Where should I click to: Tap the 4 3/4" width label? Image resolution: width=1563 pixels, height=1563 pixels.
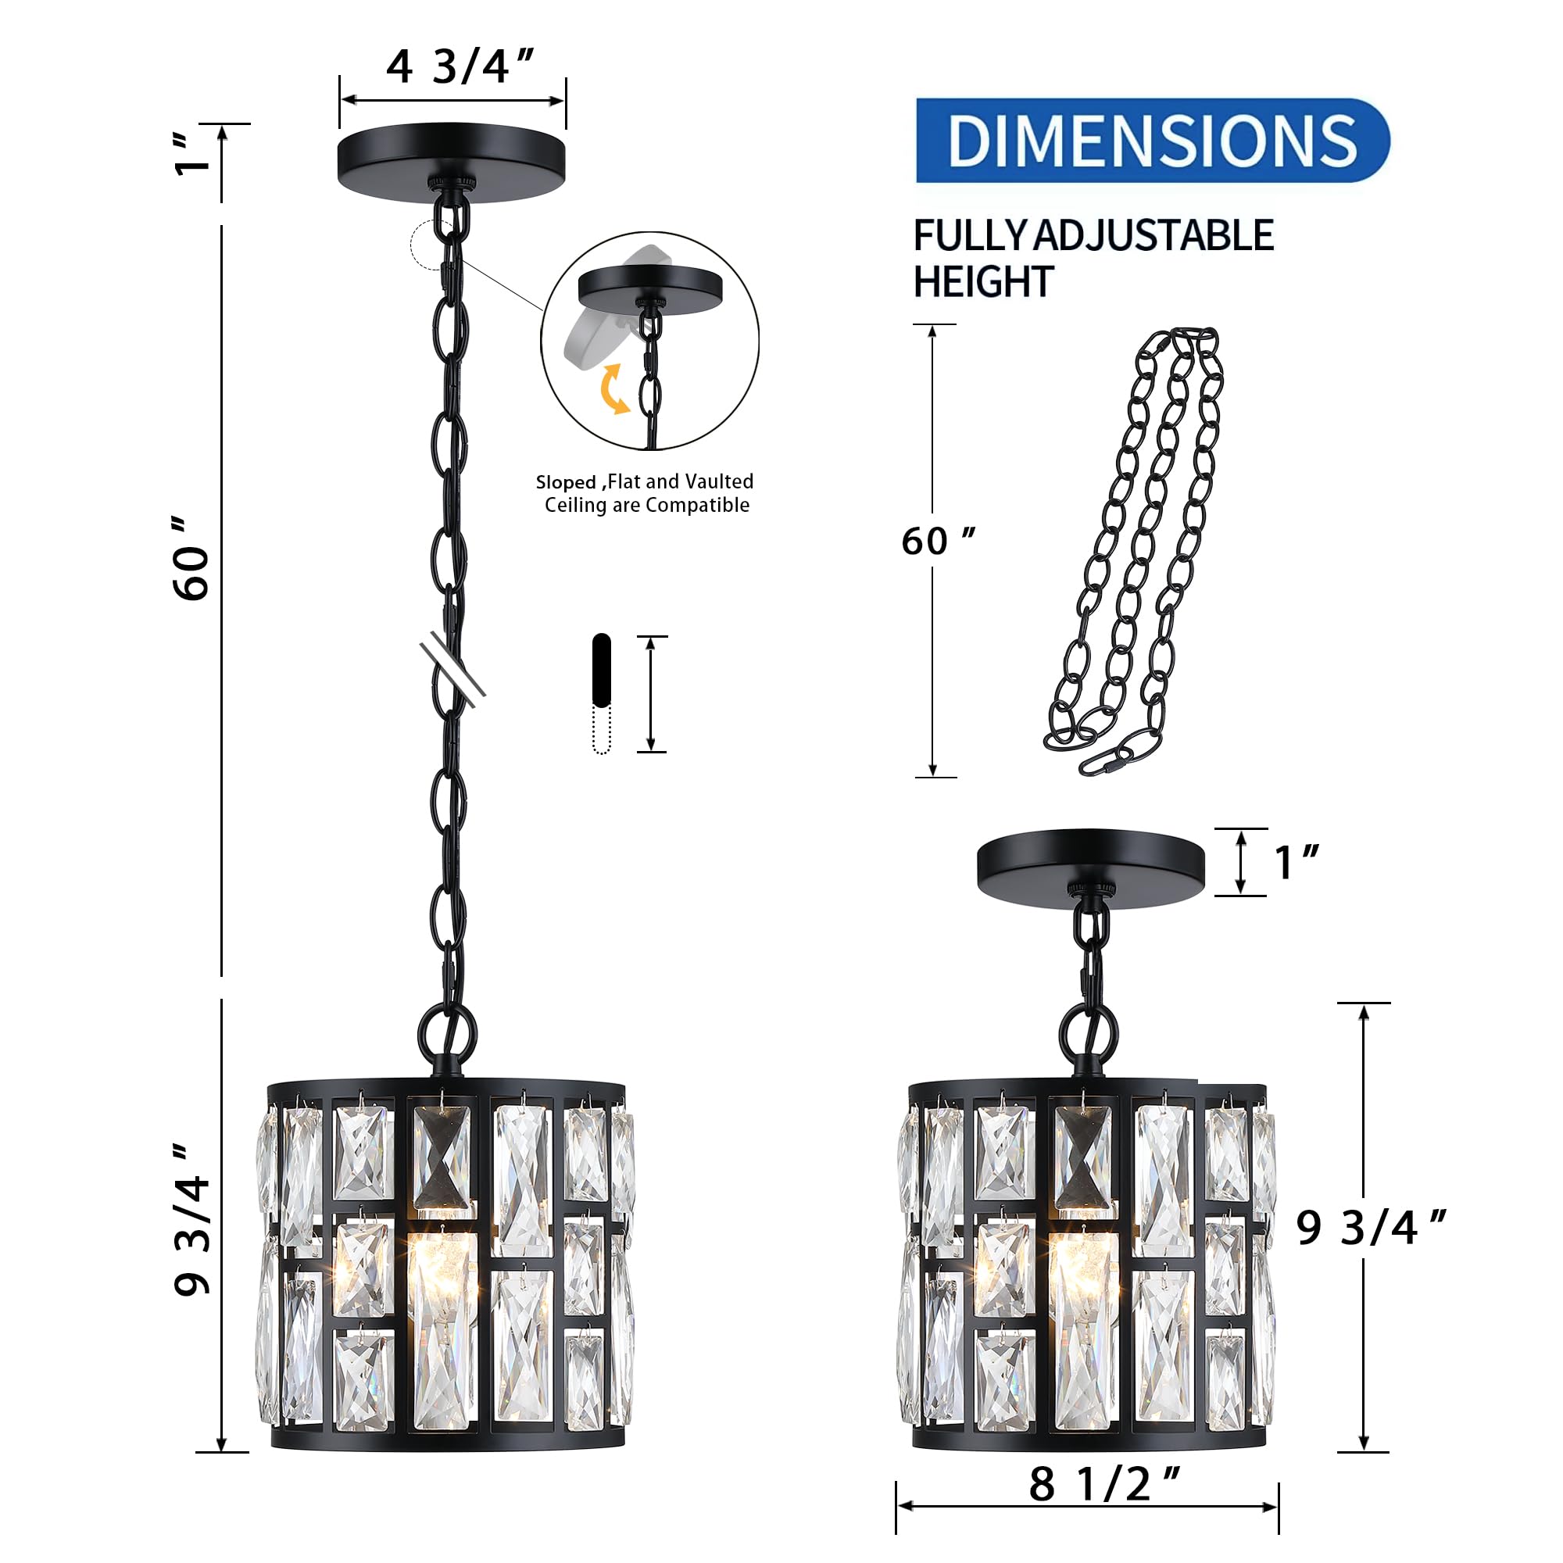[x=459, y=66]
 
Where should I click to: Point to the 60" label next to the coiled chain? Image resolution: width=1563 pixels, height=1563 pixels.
[x=937, y=542]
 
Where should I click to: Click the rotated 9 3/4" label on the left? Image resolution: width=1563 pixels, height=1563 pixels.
[x=192, y=1221]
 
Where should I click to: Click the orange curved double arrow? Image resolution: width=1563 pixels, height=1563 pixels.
[x=615, y=389]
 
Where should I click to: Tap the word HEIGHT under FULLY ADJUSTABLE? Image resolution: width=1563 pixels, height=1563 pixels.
[x=982, y=282]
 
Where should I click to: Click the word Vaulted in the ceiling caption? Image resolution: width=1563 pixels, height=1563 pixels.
[x=717, y=481]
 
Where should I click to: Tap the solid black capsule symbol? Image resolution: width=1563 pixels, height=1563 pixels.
[x=601, y=670]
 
